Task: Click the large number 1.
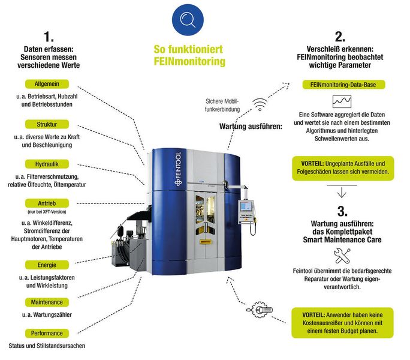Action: [x=47, y=35]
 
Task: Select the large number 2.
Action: [x=340, y=35]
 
